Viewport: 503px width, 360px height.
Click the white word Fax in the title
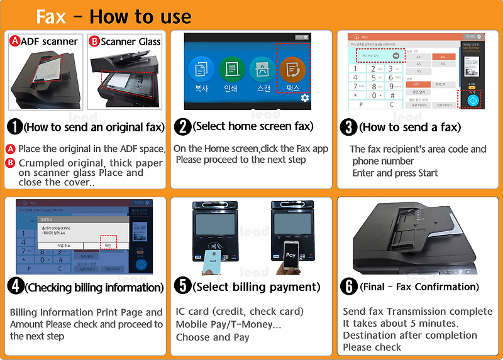51,16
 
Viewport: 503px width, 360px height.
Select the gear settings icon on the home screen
305,98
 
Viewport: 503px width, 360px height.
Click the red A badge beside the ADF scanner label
14,41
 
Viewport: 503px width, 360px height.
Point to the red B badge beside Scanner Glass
94,41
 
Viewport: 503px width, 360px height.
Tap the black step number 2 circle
182,126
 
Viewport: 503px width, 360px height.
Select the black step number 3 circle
348,126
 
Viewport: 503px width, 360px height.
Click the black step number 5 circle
182,286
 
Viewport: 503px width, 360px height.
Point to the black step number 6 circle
348,286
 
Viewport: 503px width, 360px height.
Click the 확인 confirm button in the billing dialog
108,244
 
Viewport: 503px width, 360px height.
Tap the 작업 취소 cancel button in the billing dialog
65,244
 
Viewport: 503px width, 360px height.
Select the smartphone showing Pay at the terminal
290,254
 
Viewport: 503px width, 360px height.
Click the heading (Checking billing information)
94,287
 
